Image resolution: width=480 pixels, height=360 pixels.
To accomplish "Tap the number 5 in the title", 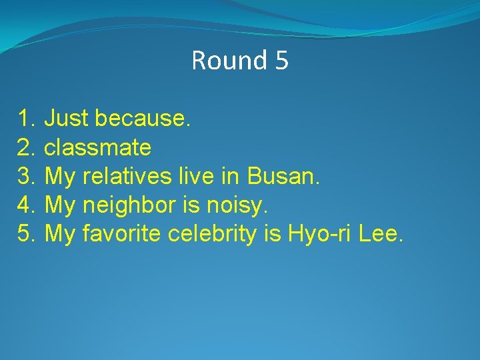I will [x=281, y=61].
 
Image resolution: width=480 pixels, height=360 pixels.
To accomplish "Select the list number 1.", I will [x=26, y=119].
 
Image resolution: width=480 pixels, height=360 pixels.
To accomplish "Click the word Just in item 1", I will [x=67, y=119].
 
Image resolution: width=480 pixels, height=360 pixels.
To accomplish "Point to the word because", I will [x=143, y=119].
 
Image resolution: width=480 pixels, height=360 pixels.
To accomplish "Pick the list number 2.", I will [x=26, y=148].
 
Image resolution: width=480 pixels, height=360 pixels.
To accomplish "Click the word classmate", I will [x=97, y=148].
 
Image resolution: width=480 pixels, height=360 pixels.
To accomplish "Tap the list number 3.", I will [x=26, y=177].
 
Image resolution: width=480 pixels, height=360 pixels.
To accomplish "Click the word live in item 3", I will [x=194, y=177].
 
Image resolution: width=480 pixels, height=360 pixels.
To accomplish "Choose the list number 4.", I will [x=26, y=205].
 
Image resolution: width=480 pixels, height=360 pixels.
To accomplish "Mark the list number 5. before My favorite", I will [x=26, y=234].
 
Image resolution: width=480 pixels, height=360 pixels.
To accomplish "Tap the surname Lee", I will [x=381, y=234].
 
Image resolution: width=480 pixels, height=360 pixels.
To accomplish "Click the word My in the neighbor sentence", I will [x=60, y=206].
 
